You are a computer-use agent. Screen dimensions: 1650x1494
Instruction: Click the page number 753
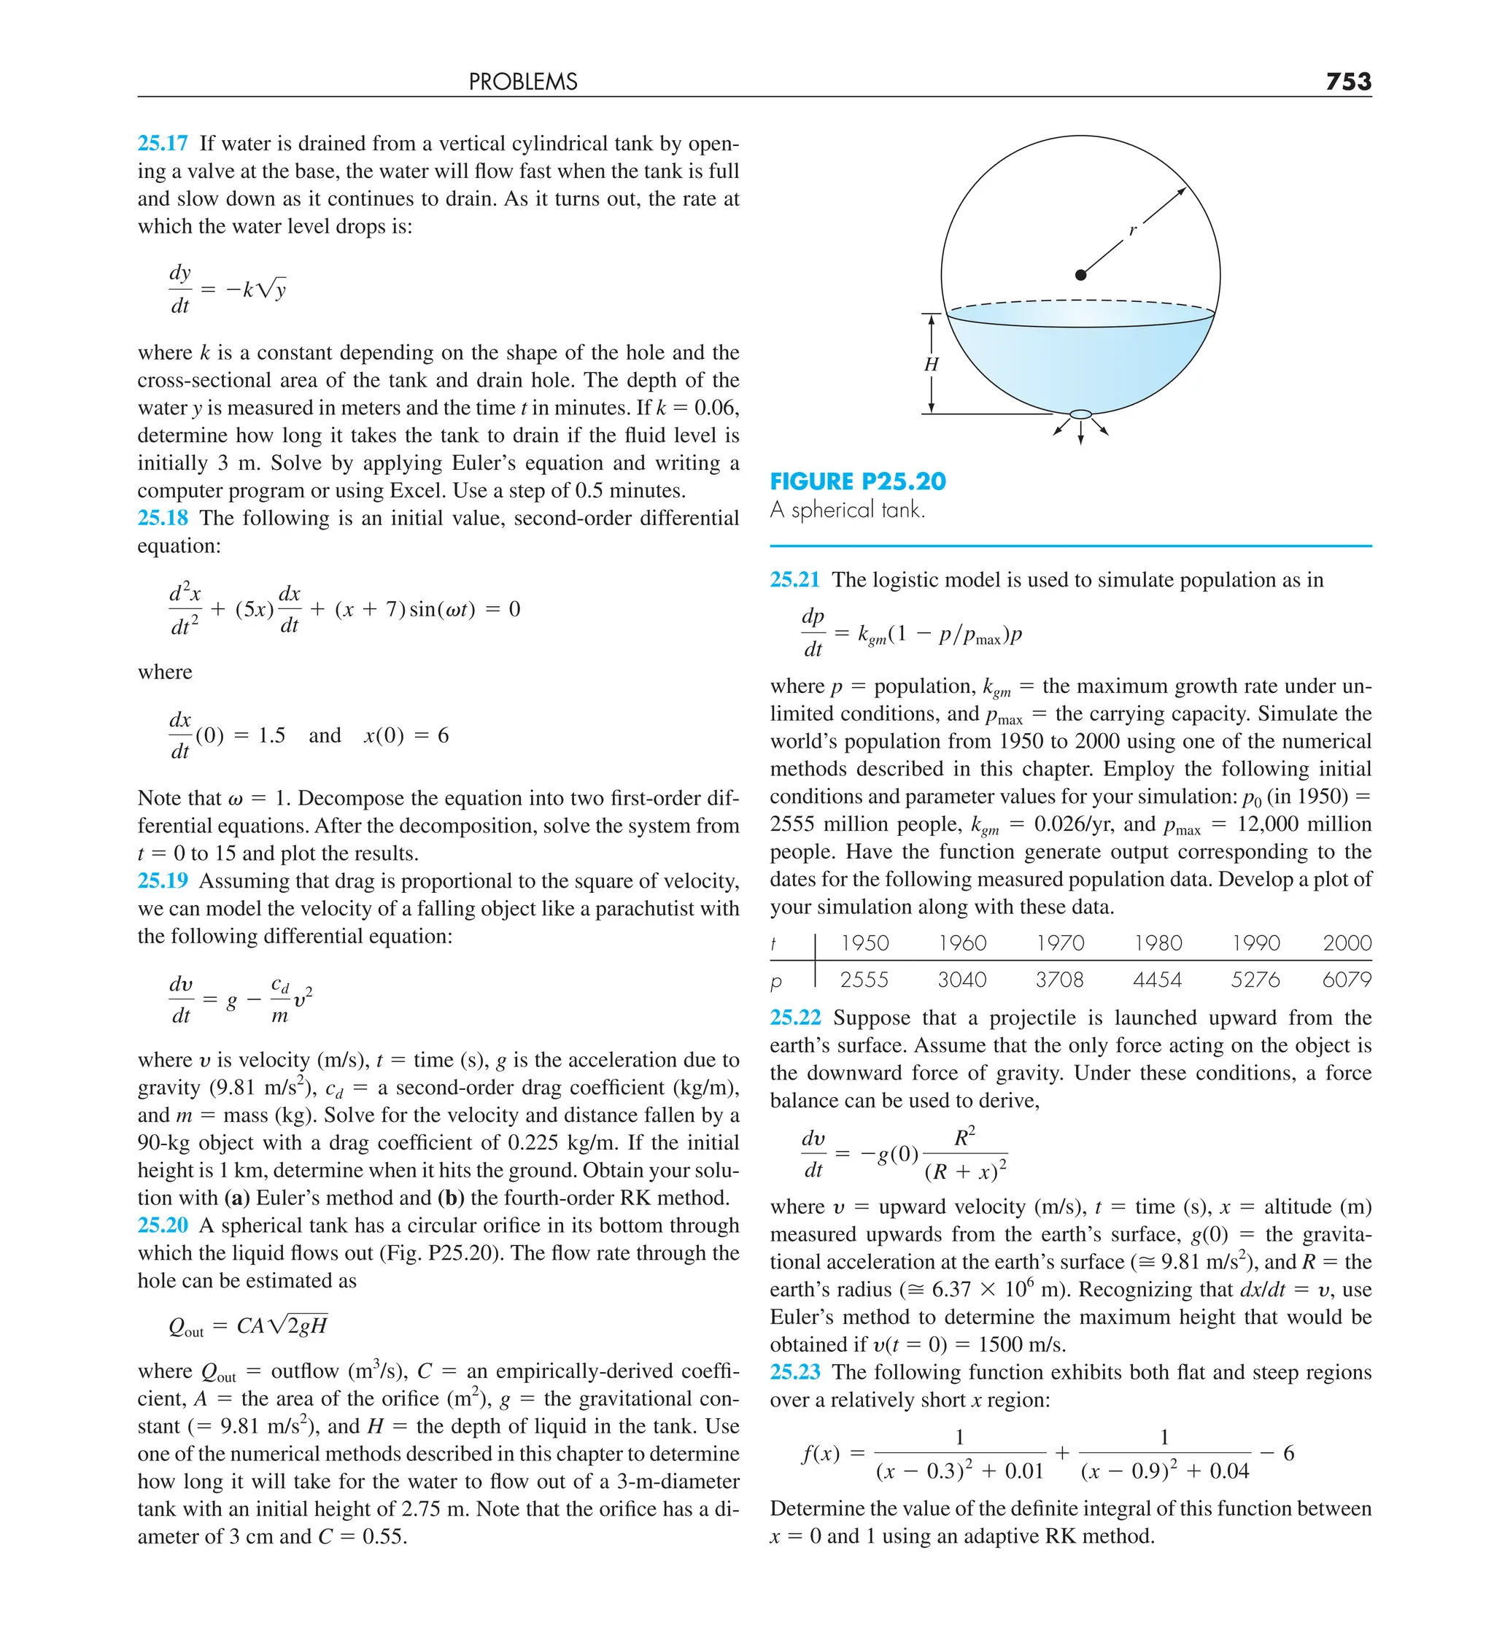click(x=1347, y=81)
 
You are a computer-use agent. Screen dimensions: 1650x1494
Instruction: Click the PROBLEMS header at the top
click(x=523, y=82)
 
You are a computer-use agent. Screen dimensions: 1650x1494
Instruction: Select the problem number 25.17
click(x=162, y=143)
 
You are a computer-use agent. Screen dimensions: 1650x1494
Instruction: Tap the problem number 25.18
click(x=162, y=518)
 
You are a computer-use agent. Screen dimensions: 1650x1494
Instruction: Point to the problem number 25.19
click(x=162, y=880)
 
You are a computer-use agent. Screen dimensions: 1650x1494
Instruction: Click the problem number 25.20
click(x=162, y=1225)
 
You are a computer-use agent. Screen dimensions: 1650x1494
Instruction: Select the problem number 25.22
click(x=794, y=1018)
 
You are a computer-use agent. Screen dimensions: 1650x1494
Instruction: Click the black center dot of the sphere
click(x=1080, y=275)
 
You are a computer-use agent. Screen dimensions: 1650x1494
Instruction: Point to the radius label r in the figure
click(x=1133, y=231)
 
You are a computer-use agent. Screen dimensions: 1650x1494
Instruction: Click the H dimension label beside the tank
click(x=931, y=364)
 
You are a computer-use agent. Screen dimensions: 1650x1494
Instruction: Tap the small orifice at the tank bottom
click(x=1080, y=414)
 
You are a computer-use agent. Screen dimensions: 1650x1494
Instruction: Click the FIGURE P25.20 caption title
click(x=857, y=481)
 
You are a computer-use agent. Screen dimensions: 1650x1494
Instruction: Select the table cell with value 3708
click(x=1059, y=980)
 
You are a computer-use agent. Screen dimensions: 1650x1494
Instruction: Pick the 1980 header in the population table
click(x=1158, y=943)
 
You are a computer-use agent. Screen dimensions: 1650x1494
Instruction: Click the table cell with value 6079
click(x=1346, y=980)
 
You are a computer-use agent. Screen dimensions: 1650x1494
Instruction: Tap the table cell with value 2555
click(x=864, y=980)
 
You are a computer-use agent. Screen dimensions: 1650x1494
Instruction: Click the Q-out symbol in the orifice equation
click(x=185, y=1327)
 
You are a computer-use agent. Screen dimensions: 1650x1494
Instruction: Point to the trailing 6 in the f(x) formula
click(x=1288, y=1454)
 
